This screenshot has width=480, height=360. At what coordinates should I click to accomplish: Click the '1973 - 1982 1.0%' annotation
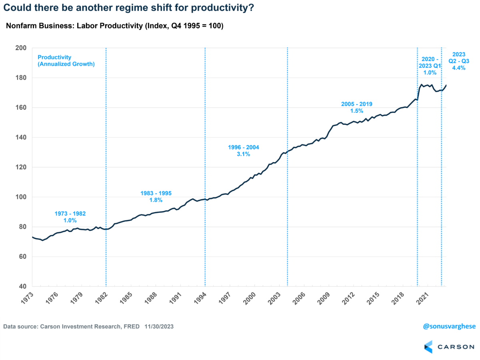70,217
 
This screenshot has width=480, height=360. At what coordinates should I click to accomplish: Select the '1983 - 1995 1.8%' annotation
156,196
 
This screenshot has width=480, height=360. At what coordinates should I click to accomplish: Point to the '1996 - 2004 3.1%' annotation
243,150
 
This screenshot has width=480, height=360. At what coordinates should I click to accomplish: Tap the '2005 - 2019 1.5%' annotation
357,107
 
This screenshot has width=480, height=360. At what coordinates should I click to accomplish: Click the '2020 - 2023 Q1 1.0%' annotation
429,66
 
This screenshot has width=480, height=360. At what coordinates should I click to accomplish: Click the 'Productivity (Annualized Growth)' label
66,60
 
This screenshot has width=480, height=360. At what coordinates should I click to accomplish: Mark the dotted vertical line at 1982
106,160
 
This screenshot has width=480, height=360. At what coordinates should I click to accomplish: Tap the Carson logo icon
428,346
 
